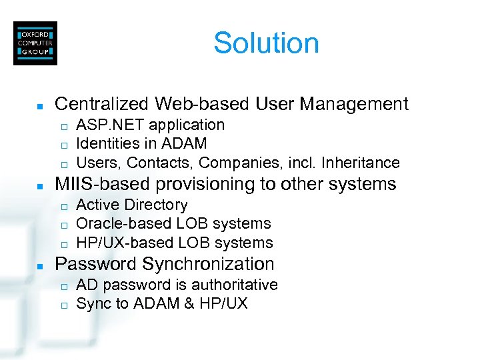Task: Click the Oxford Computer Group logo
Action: [35, 43]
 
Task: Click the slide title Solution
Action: [266, 43]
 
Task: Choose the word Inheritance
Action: [359, 163]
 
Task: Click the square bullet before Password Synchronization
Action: [39, 265]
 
